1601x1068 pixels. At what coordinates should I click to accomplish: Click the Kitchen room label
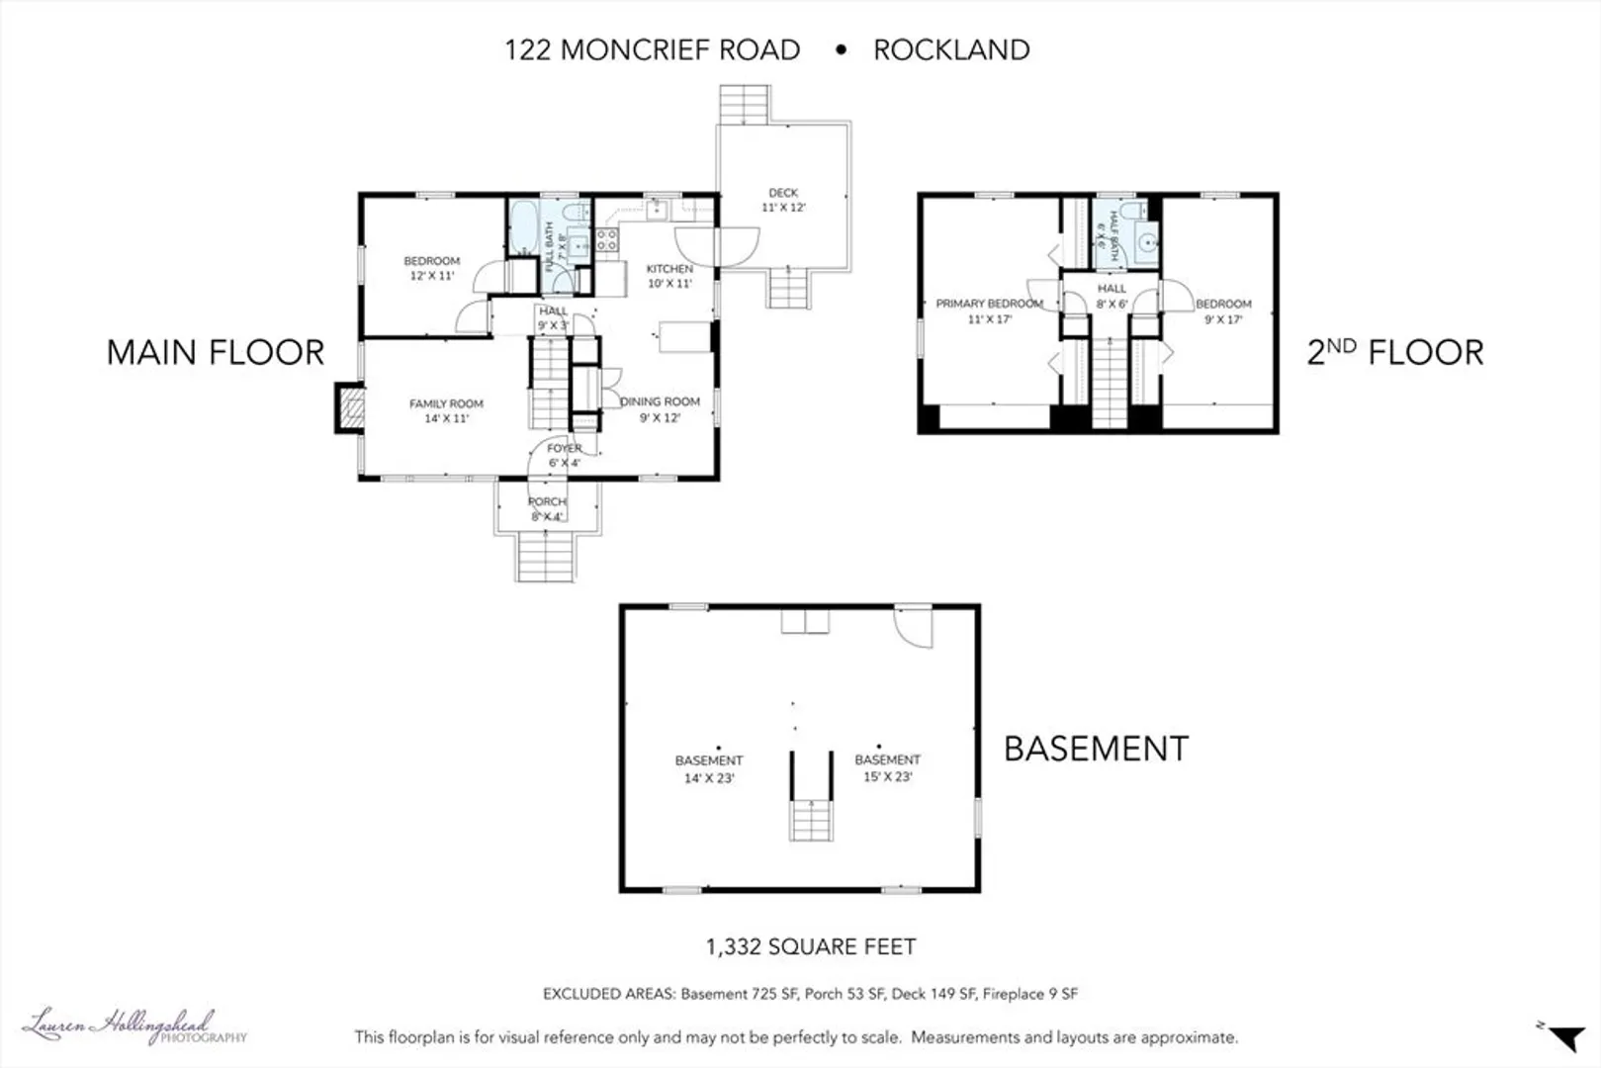[x=669, y=269]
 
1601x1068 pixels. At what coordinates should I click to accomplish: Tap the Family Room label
[x=446, y=403]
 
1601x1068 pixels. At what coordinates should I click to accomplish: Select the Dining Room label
[x=660, y=401]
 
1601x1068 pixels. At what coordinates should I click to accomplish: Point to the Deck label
[x=783, y=192]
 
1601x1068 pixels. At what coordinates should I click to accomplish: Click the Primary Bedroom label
[x=989, y=304]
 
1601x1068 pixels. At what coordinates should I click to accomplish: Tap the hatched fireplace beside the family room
[x=351, y=408]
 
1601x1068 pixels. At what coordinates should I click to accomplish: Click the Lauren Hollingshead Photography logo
[x=135, y=1026]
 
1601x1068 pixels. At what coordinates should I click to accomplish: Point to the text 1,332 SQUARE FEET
[x=811, y=946]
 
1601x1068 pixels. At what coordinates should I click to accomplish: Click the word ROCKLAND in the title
[x=951, y=50]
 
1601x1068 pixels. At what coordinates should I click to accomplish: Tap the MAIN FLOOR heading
[x=216, y=352]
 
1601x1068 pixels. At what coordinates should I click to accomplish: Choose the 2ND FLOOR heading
[x=1395, y=352]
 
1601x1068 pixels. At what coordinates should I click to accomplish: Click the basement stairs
[x=811, y=821]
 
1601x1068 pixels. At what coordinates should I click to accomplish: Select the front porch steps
[x=545, y=556]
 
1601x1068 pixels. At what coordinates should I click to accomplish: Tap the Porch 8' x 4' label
[x=547, y=509]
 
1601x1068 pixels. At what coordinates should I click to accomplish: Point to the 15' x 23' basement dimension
[x=888, y=777]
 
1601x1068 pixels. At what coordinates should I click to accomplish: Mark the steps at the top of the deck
[x=744, y=105]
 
